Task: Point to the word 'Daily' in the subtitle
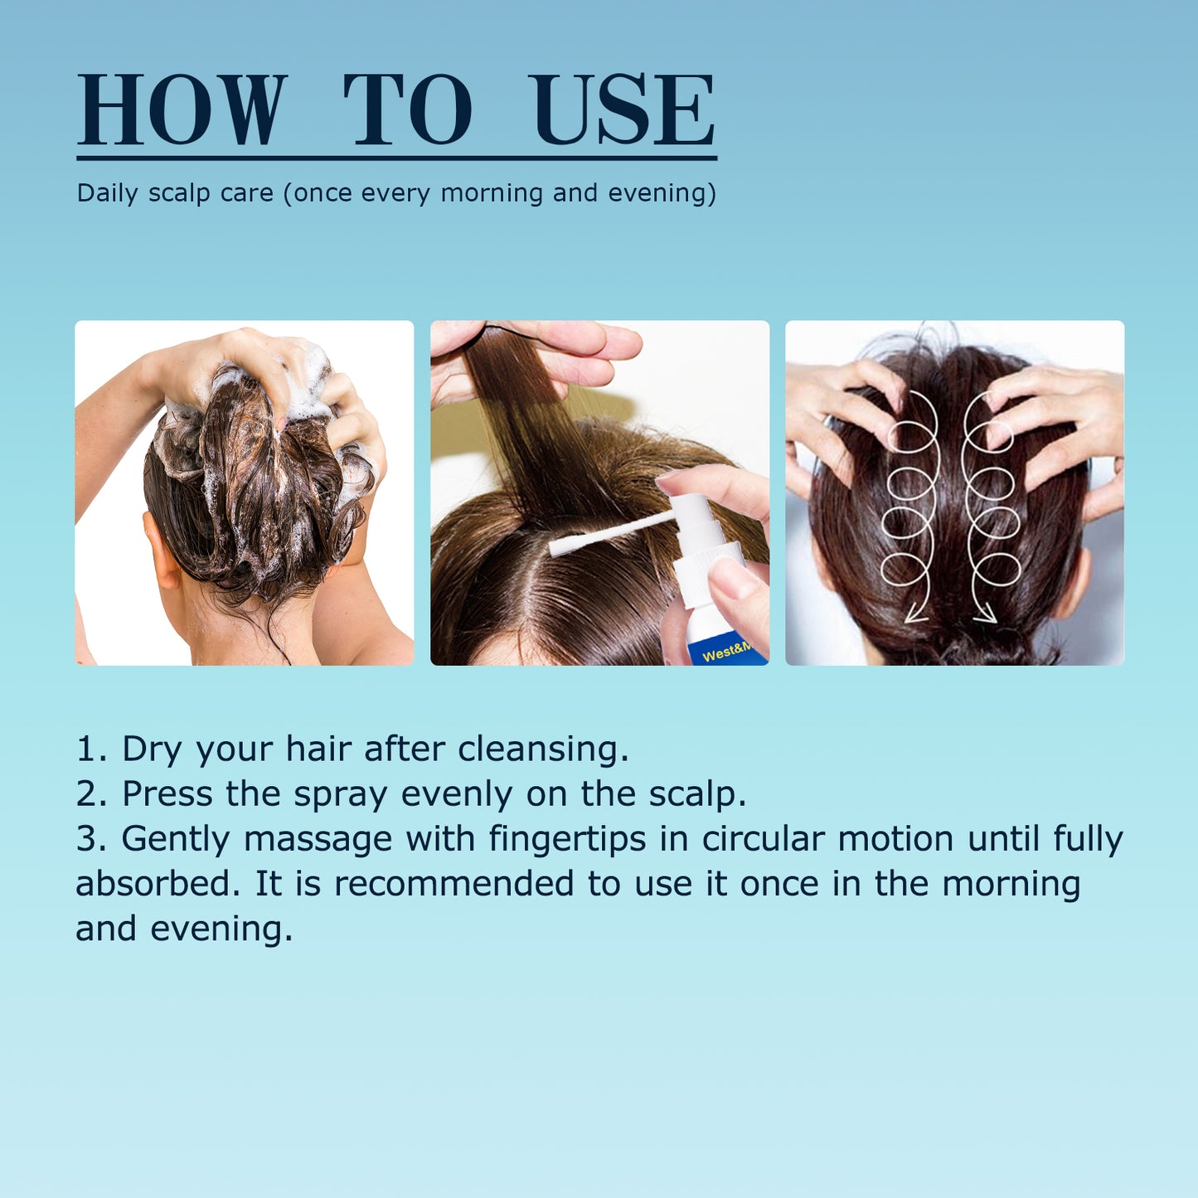tap(107, 193)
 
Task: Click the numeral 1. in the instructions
tap(91, 749)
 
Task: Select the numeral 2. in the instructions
tap(91, 793)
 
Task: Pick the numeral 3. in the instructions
tap(91, 838)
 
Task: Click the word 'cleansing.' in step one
tap(543, 749)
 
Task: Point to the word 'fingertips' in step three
tap(567, 839)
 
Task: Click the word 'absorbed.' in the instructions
tap(158, 883)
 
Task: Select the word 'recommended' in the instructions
tap(453, 883)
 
